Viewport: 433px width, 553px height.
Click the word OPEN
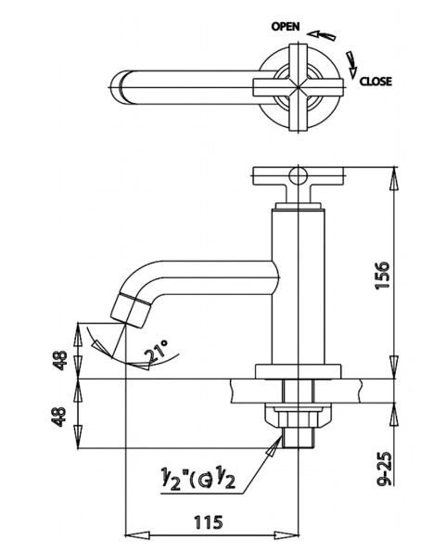click(x=286, y=27)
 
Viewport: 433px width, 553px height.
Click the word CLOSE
click(x=376, y=82)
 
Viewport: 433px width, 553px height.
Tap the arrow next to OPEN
click(x=321, y=35)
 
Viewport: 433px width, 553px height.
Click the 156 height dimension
click(x=382, y=276)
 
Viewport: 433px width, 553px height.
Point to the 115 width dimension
click(x=209, y=522)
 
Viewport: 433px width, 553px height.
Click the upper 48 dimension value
click(x=59, y=360)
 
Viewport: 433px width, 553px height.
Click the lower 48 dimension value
click(x=59, y=417)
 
